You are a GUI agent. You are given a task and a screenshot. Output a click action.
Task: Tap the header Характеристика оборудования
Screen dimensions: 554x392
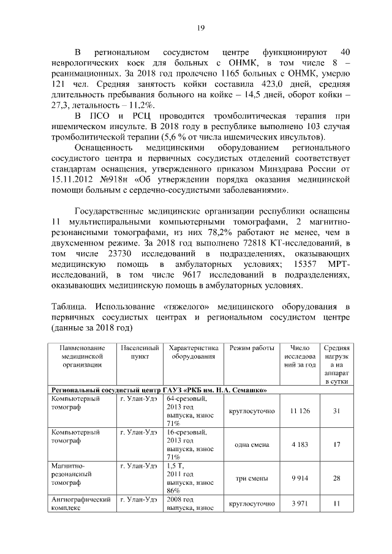click(194, 351)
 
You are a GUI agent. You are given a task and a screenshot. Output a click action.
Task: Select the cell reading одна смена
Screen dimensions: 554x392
click(252, 444)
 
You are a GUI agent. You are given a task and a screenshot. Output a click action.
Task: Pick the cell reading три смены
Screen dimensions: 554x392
click(252, 478)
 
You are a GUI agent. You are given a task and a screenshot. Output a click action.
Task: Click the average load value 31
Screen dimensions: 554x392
click(336, 410)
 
